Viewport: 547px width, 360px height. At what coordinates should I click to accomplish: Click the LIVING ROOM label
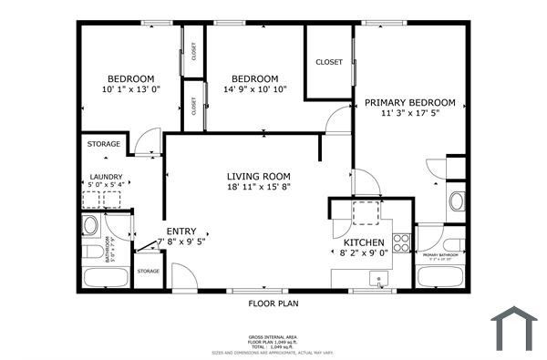259,176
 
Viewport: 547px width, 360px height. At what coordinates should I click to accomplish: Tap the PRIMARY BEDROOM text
409,103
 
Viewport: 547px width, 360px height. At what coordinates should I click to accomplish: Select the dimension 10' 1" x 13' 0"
130,89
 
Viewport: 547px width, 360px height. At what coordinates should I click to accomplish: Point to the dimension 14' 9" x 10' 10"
254,89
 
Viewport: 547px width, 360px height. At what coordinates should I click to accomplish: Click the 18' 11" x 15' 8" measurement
259,187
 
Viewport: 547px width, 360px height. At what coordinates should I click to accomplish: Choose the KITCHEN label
363,242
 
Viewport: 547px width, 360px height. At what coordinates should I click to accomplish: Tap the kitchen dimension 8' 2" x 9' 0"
363,253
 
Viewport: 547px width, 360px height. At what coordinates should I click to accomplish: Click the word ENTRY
180,231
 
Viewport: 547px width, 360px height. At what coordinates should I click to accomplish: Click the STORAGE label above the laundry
103,144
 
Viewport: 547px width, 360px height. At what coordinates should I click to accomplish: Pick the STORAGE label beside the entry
149,271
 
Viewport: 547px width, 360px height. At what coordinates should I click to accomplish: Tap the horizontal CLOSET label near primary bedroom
329,62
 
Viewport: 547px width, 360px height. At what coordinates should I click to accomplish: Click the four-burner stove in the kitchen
402,242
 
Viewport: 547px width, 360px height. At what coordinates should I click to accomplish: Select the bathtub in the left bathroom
105,277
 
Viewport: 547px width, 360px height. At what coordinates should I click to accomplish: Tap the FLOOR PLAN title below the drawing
273,303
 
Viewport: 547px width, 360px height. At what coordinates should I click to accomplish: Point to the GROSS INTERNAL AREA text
273,337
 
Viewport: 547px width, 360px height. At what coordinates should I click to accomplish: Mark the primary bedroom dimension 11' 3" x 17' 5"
409,114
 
